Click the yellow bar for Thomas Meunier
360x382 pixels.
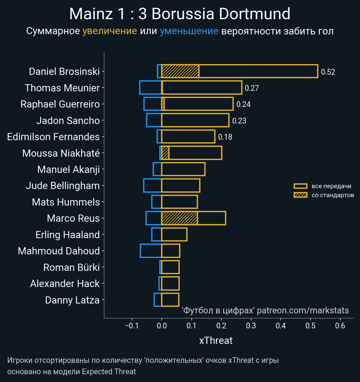[x=202, y=88]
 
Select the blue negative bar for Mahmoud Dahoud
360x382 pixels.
[x=151, y=251]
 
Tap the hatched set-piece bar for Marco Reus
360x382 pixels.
[x=179, y=218]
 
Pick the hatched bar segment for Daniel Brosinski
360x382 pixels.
[x=180, y=71]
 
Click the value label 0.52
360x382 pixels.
[x=328, y=72]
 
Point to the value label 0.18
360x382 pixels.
[x=225, y=137]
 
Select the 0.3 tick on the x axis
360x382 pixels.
[x=251, y=326]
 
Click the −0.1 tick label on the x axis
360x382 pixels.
[x=132, y=326]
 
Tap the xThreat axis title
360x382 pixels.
[x=216, y=341]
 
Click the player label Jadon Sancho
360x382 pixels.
[x=68, y=120]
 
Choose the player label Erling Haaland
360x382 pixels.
[x=67, y=235]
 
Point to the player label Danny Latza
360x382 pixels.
[x=72, y=300]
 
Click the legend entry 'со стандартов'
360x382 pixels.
[x=333, y=195]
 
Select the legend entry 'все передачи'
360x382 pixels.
[x=331, y=186]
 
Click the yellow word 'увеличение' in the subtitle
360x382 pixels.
[x=109, y=31]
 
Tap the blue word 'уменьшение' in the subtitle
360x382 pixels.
[x=189, y=31]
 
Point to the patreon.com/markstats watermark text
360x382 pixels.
[x=303, y=310]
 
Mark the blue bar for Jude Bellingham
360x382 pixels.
[x=153, y=185]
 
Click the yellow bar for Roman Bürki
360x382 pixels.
[x=170, y=267]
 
